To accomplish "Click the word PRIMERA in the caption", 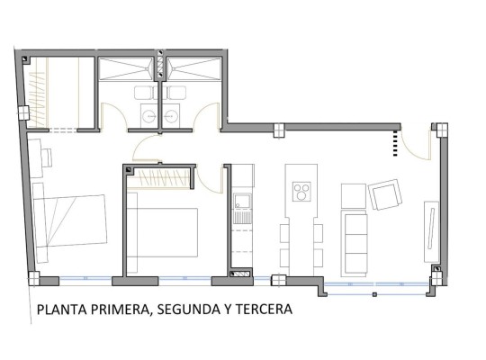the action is (120, 309).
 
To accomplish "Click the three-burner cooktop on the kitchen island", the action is (301, 192).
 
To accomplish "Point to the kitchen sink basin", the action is (242, 201).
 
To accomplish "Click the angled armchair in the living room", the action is (385, 194).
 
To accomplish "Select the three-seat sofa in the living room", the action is (354, 243).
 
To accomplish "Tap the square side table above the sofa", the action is (354, 196).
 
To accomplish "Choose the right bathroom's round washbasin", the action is (170, 116).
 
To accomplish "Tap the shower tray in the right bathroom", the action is (193, 69).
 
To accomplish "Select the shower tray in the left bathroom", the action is (126, 69).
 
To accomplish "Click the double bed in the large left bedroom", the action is (70, 221).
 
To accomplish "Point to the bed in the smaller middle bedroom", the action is (162, 232).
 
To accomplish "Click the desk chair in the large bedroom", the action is (48, 157).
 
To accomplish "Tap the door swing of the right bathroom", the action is (207, 115).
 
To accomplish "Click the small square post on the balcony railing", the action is (374, 294).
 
